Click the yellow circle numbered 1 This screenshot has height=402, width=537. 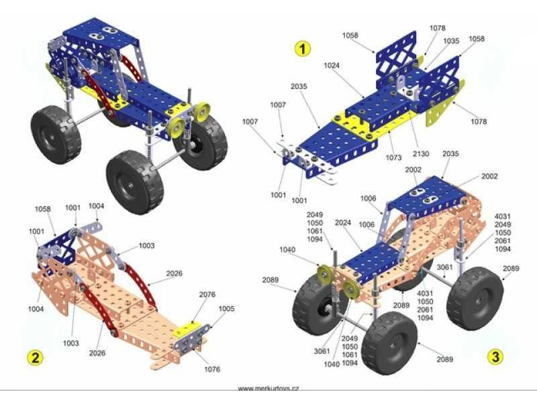point(303,48)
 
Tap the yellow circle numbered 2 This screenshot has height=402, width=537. point(36,358)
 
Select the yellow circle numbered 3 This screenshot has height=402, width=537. point(495,357)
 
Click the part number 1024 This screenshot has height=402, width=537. point(332,65)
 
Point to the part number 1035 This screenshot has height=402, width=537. point(451,41)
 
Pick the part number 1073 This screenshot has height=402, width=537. point(393,157)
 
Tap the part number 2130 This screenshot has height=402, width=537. point(421,154)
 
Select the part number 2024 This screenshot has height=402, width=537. point(343,222)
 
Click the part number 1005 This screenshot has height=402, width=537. point(226,309)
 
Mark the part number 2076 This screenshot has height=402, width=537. point(207,294)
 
